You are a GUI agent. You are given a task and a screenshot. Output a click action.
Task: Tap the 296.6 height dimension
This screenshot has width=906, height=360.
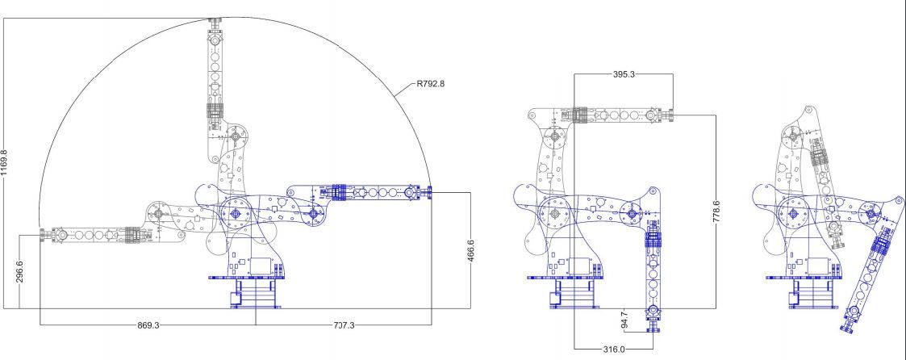[x=19, y=272]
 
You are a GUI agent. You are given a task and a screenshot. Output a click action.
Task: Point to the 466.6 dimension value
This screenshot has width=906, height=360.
[x=472, y=250]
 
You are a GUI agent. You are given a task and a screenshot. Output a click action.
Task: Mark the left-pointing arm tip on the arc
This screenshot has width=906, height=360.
[x=43, y=235]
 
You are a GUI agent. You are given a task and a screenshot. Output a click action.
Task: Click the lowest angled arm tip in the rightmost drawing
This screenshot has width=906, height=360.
[x=850, y=328]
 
